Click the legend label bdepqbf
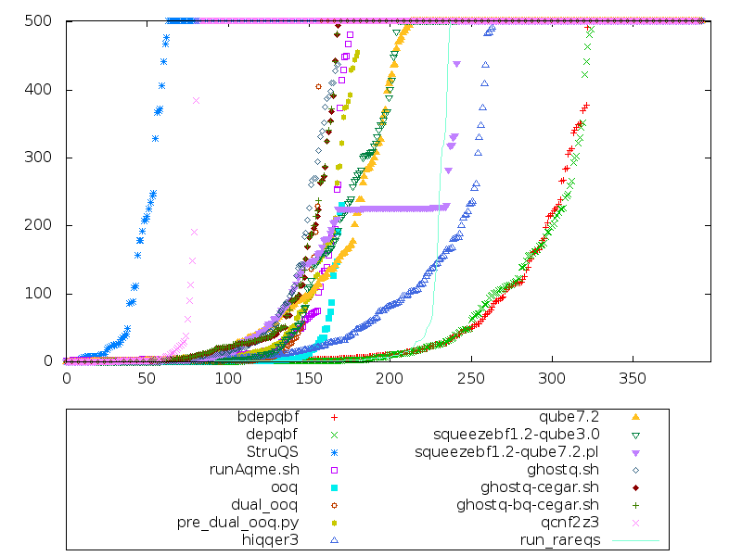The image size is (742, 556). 269,416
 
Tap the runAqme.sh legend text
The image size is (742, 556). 262,469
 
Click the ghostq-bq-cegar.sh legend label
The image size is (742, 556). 528,505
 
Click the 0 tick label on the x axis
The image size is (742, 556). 66,379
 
